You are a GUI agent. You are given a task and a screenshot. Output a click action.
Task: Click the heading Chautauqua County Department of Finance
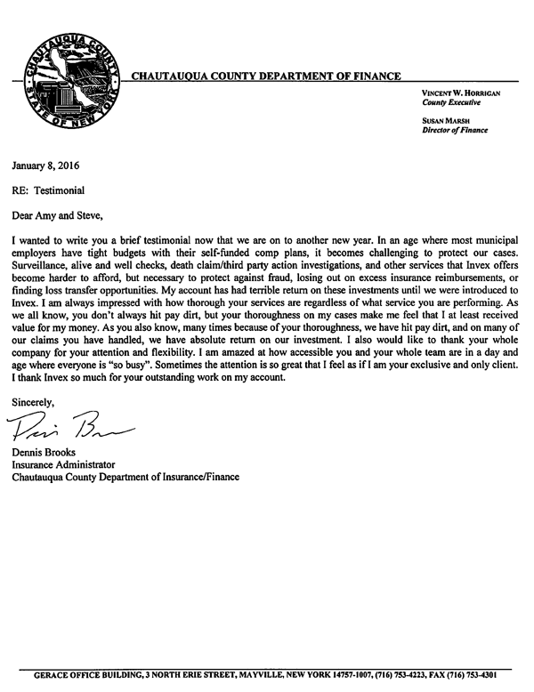coord(265,76)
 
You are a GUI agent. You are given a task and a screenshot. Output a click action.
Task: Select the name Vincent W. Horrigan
coord(460,93)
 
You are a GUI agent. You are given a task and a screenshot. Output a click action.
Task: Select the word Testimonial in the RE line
coord(61,189)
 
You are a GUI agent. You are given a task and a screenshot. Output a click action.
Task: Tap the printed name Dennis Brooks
coord(44,452)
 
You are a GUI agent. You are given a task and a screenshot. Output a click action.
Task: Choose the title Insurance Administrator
coord(63,464)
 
